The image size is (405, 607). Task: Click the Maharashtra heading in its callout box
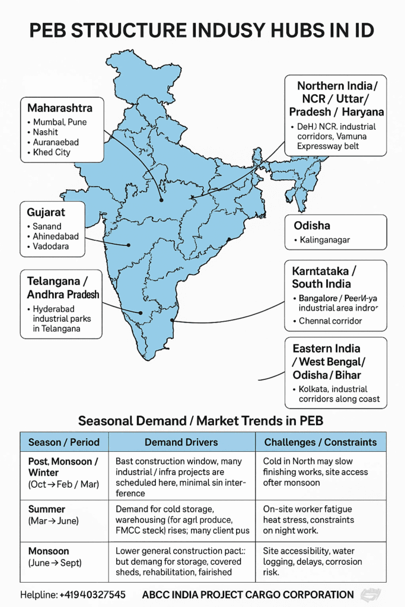point(60,108)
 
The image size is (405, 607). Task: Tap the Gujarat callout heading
point(46,212)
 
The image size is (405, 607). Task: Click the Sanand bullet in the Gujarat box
point(47,226)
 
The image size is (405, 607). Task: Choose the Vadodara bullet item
point(52,247)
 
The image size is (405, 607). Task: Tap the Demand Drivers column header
point(181,442)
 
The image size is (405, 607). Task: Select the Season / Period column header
point(64,442)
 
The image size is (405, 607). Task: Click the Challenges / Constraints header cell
point(320,442)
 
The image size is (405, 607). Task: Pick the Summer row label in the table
point(47,509)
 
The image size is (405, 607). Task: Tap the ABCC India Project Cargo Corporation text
point(248,595)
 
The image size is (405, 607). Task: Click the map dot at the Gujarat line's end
point(129,244)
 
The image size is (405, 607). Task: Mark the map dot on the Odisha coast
point(229,241)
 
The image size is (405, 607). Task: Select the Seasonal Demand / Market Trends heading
point(202,421)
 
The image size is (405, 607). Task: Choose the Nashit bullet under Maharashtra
point(46,132)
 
